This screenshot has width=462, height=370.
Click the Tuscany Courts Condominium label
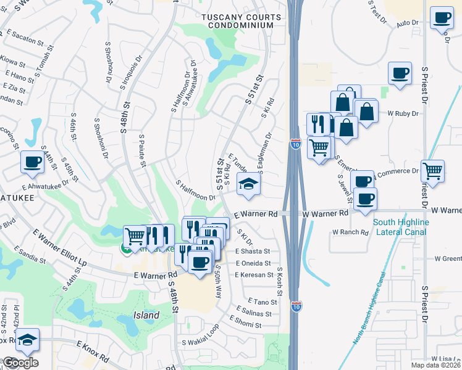[240, 21]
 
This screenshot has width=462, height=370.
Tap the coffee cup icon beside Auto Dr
[441, 17]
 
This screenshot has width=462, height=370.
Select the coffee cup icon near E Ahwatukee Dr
[32, 162]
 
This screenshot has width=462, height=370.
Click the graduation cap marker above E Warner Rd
[248, 185]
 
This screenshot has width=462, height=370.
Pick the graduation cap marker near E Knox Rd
[27, 340]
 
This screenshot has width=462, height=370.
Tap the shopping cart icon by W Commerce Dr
[432, 170]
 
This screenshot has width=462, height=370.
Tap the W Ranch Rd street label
[350, 232]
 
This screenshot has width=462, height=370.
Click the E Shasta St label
[253, 252]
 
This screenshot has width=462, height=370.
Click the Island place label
[146, 315]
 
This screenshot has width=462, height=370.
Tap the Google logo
[20, 363]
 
